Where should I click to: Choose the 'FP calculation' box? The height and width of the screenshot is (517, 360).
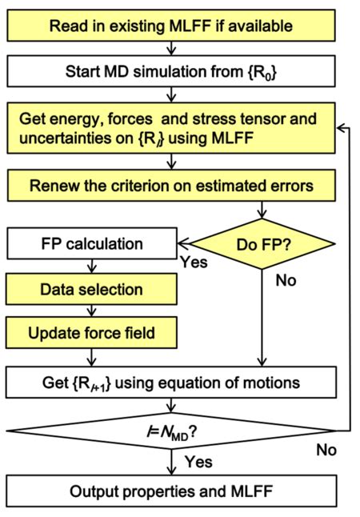(x=91, y=242)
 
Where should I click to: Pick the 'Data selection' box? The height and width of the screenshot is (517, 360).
(x=91, y=288)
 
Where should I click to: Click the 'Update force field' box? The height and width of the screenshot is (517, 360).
(x=91, y=331)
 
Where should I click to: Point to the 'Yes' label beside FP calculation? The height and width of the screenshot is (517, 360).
(x=194, y=260)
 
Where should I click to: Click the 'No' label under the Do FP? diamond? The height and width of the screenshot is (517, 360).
(x=286, y=281)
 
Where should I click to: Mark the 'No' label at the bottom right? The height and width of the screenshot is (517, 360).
(x=326, y=450)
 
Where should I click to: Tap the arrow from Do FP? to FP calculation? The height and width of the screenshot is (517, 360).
(x=183, y=241)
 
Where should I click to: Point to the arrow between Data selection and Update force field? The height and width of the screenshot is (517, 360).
(x=93, y=310)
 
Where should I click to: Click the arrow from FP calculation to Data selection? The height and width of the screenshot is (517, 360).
(x=93, y=264)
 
